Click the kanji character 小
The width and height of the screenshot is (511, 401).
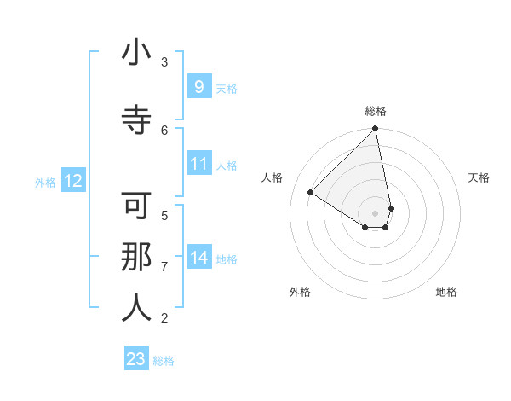coord(136,53)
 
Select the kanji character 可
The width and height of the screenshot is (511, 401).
coord(136,206)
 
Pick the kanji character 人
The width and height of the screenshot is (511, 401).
coord(136,309)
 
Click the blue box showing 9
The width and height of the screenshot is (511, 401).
coord(198,86)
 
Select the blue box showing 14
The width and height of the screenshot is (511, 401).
coord(198,257)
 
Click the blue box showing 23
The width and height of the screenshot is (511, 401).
coord(136,359)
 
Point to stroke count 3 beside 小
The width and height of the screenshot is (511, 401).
coord(164,61)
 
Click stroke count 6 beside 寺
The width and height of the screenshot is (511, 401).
coord(164,130)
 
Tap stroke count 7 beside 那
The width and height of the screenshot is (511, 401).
coord(164,266)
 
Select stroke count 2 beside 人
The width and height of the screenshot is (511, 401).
coord(164,318)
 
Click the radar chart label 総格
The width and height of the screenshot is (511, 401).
coord(376,111)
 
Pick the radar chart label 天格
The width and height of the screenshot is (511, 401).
coord(479,177)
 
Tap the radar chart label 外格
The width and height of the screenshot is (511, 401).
coord(300,293)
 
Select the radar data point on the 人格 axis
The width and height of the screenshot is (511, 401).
coord(311,192)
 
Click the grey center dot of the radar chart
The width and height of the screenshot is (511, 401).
coord(376,212)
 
